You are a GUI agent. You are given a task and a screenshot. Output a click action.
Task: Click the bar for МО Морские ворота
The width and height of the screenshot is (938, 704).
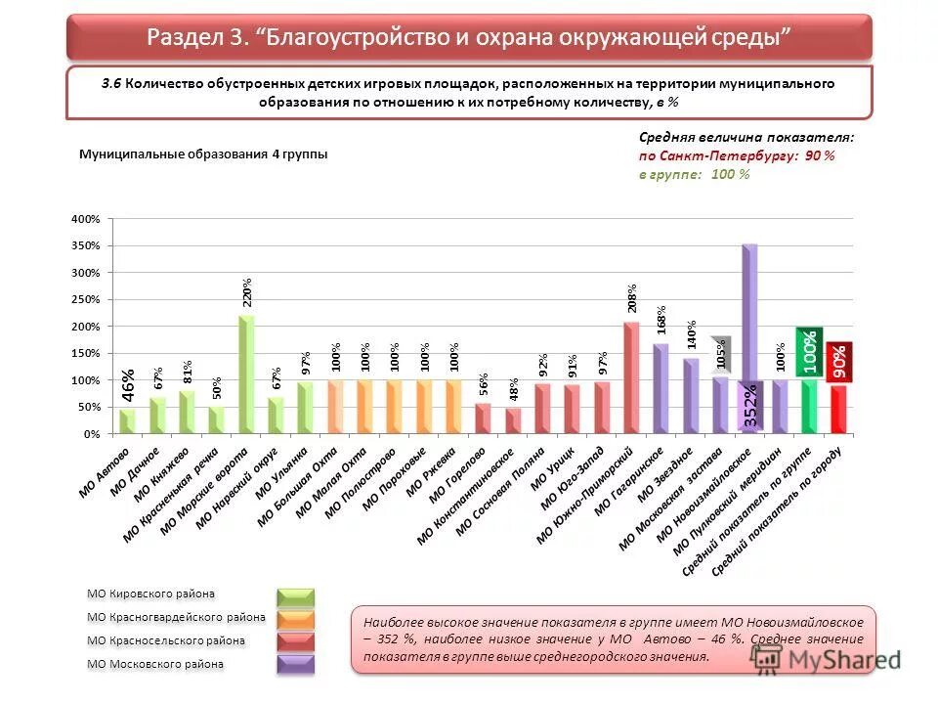246,374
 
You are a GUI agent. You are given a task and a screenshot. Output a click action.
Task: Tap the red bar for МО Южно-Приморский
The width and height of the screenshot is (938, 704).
631,377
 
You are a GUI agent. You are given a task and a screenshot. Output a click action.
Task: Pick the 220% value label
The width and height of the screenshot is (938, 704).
247,292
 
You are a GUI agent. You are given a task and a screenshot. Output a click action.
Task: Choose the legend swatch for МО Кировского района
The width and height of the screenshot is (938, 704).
295,596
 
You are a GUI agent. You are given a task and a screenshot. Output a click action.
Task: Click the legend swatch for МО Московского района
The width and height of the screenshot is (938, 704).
295,665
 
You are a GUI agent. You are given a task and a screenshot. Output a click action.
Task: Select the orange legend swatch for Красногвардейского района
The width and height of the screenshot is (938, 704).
295,619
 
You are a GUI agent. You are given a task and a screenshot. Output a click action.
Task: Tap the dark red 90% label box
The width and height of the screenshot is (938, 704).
839,362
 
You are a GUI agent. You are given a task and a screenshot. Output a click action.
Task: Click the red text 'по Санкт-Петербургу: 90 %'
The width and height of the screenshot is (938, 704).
737,156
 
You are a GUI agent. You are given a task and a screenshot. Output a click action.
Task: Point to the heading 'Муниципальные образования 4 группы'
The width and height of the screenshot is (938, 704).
203,154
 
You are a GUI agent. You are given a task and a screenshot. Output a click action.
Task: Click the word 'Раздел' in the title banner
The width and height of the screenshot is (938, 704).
185,37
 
